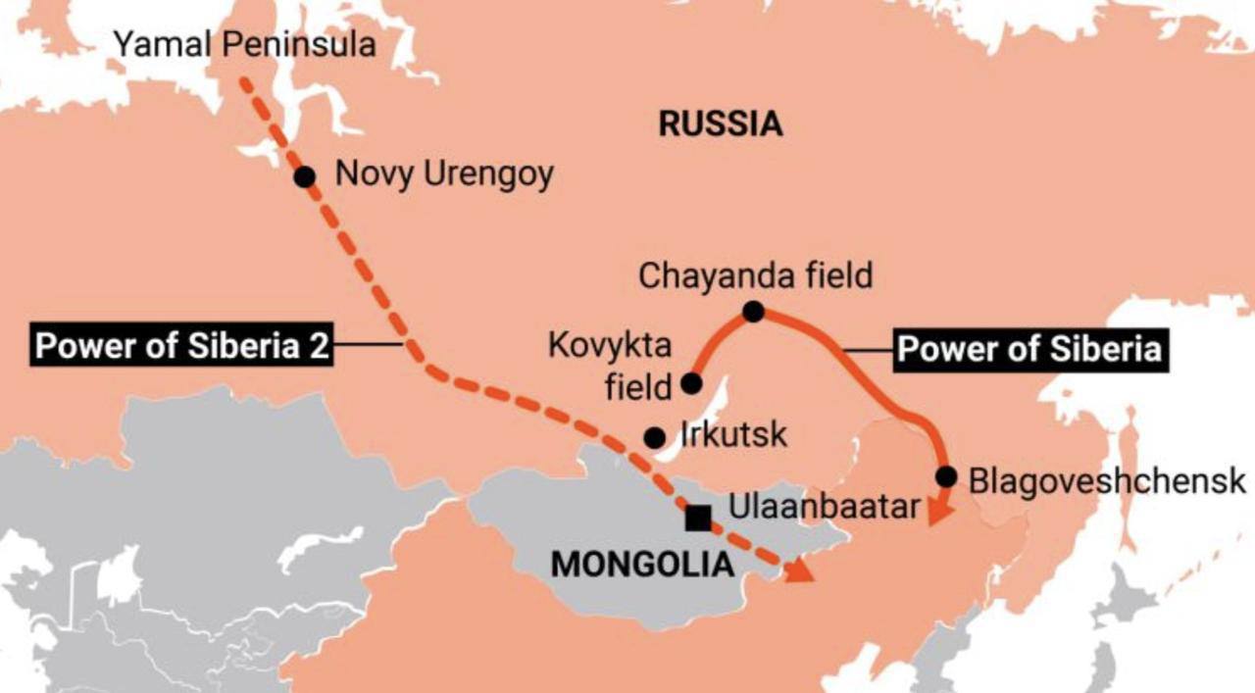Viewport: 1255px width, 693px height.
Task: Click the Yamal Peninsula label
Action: coord(245,44)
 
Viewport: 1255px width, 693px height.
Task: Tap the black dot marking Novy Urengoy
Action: coord(305,176)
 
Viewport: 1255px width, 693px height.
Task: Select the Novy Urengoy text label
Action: coord(444,174)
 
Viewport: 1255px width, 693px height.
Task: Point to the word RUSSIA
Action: coord(721,124)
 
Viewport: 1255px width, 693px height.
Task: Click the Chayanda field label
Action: coord(755,275)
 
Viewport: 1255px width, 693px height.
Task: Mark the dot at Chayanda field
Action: coord(753,312)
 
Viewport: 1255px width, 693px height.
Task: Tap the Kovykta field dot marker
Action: coord(691,383)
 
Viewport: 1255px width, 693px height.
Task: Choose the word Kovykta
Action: coord(610,347)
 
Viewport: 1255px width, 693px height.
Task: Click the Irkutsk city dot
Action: coord(654,437)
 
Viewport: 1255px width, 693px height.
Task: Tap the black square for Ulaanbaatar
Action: coord(698,518)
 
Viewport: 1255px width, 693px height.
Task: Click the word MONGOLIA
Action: coord(642,564)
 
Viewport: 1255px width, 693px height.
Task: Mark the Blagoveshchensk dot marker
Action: coord(946,476)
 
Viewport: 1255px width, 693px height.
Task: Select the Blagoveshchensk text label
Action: coord(1107,481)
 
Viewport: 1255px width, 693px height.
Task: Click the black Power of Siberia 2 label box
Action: coord(183,346)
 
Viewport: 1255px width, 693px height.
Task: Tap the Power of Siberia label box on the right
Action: coord(1029,349)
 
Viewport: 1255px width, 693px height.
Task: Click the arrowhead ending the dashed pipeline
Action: coord(800,570)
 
